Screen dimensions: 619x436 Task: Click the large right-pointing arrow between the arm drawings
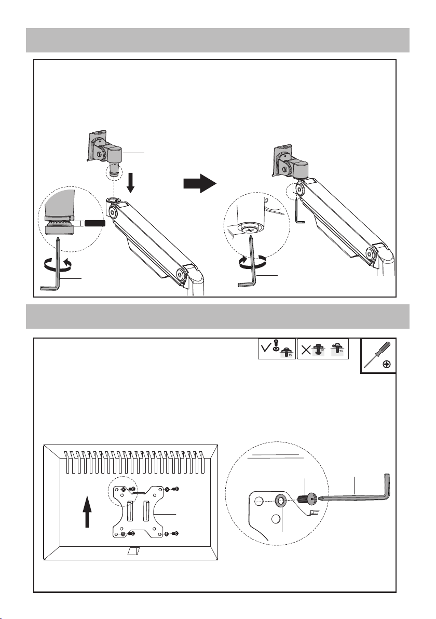tap(200, 183)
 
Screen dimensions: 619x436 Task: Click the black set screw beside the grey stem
tap(94, 223)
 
